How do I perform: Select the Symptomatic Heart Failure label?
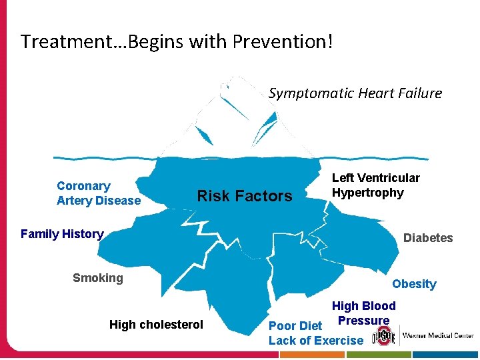pyautogui.click(x=355, y=93)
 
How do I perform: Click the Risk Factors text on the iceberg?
pyautogui.click(x=245, y=196)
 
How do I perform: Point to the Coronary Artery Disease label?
pyautogui.click(x=99, y=193)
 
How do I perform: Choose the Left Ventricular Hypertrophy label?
pyautogui.click(x=376, y=185)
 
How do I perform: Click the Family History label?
pyautogui.click(x=62, y=234)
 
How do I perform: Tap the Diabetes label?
pyautogui.click(x=428, y=238)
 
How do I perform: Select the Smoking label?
pyautogui.click(x=98, y=278)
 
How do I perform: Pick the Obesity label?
pyautogui.click(x=414, y=284)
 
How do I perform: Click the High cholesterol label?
pyautogui.click(x=156, y=325)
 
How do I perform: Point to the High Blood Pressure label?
pyautogui.click(x=363, y=313)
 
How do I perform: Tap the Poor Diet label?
pyautogui.click(x=295, y=326)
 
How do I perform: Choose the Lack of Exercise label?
pyautogui.click(x=316, y=341)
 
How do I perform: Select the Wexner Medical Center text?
pyautogui.click(x=438, y=336)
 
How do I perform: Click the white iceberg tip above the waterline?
pyautogui.click(x=227, y=120)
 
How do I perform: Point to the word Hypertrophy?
pyautogui.click(x=368, y=193)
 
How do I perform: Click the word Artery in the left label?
pyautogui.click(x=76, y=201)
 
